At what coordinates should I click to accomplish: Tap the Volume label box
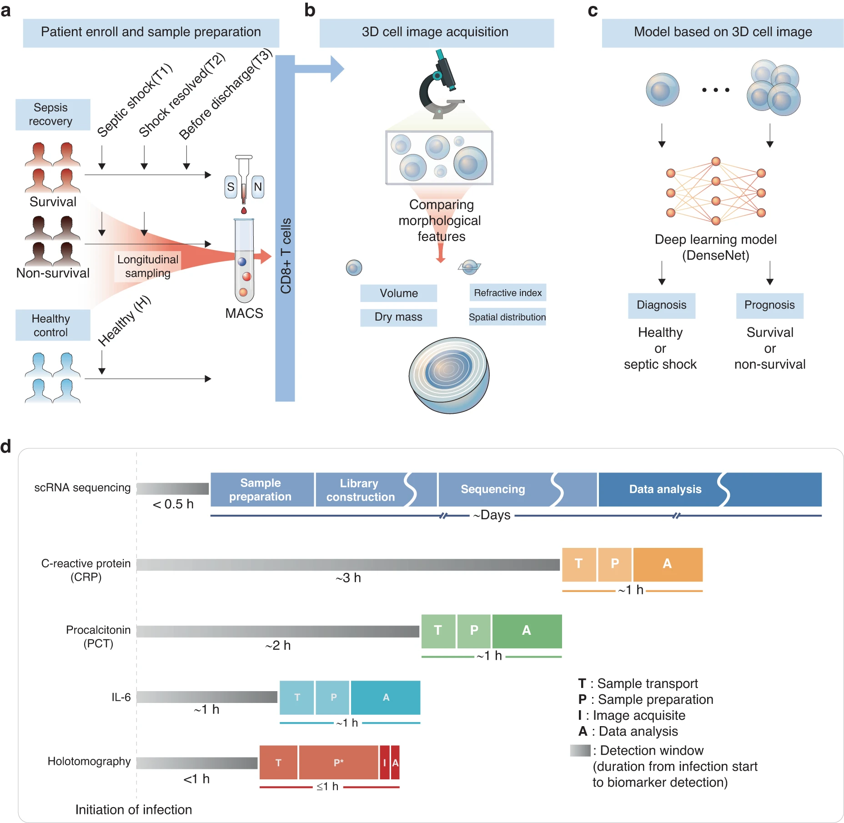398,293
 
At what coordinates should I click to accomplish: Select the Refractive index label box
507,293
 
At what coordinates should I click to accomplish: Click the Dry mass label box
398,317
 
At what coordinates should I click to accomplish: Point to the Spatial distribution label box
507,317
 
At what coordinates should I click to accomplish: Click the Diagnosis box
661,305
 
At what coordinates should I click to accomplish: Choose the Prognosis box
769,305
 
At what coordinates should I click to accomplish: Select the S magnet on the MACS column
231,187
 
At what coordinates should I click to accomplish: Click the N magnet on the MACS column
257,187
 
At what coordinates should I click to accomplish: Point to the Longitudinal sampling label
147,266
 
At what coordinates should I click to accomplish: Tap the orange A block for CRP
667,564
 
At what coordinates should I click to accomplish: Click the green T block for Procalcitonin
438,631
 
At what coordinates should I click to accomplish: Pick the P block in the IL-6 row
333,698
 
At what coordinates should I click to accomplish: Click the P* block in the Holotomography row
338,763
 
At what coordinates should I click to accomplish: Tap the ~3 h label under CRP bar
348,578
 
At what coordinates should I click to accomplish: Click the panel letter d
6,447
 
